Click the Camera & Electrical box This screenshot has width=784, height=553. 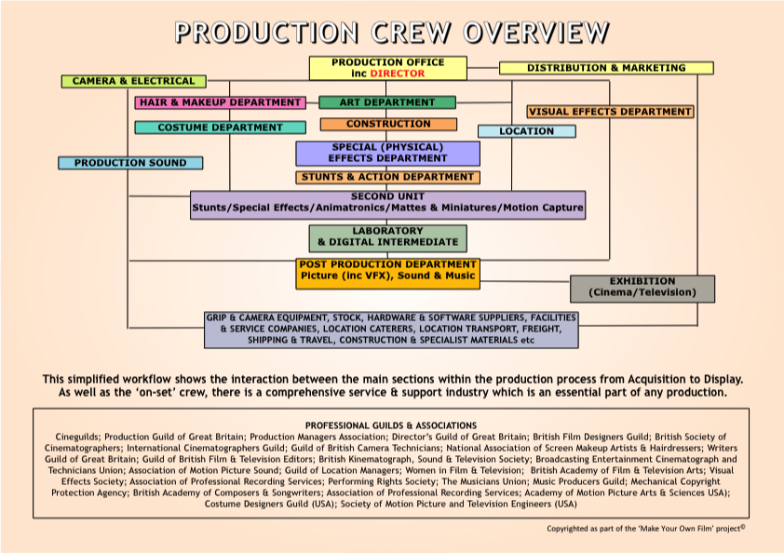click(133, 81)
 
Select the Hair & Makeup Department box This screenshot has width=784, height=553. click(221, 102)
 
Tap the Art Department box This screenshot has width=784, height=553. click(387, 102)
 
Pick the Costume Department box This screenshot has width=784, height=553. click(220, 128)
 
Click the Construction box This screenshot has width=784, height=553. click(388, 124)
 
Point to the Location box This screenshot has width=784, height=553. click(526, 131)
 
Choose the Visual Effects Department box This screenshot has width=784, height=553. click(610, 112)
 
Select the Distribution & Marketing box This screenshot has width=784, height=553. click(606, 68)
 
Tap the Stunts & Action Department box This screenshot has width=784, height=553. click(387, 177)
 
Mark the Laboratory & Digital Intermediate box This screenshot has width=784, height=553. click(387, 237)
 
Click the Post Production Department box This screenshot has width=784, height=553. click(387, 272)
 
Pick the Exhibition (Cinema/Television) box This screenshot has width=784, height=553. click(642, 288)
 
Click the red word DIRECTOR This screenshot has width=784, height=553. click(398, 73)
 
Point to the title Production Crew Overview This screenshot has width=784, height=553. click(392, 32)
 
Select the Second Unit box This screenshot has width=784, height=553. click(387, 204)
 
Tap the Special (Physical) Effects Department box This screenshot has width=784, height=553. click(387, 153)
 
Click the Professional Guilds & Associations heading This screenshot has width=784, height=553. click(391, 425)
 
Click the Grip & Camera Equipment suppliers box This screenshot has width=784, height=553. click(391, 330)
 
